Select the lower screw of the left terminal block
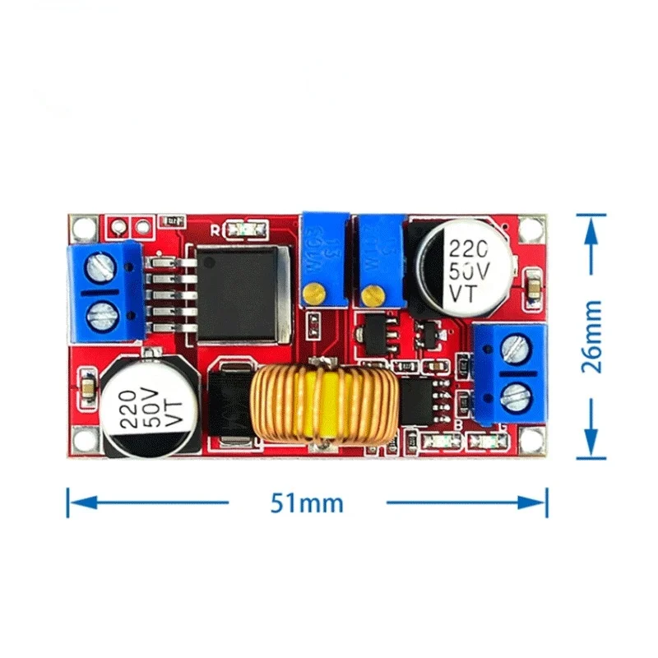click(x=101, y=310)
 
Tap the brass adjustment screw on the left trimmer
click(x=313, y=291)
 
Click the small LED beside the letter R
click(x=245, y=229)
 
